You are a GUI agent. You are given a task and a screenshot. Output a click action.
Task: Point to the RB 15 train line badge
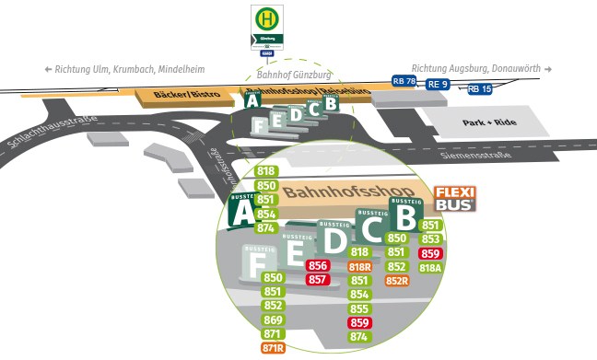480,89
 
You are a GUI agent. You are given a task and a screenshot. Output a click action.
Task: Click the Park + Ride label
491,122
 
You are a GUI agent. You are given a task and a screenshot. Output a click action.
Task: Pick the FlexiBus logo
455,198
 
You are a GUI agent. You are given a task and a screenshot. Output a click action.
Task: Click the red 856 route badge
318,266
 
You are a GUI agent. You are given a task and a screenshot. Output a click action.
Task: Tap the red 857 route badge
318,280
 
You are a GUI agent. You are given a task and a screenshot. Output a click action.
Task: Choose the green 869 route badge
273,319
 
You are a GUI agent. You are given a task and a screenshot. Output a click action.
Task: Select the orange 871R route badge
273,348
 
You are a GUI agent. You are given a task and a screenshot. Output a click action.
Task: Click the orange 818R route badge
360,267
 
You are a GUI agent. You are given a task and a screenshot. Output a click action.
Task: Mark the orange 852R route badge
397,281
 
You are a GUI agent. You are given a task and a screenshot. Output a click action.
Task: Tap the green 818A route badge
430,268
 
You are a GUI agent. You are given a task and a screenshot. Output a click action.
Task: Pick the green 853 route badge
430,239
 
